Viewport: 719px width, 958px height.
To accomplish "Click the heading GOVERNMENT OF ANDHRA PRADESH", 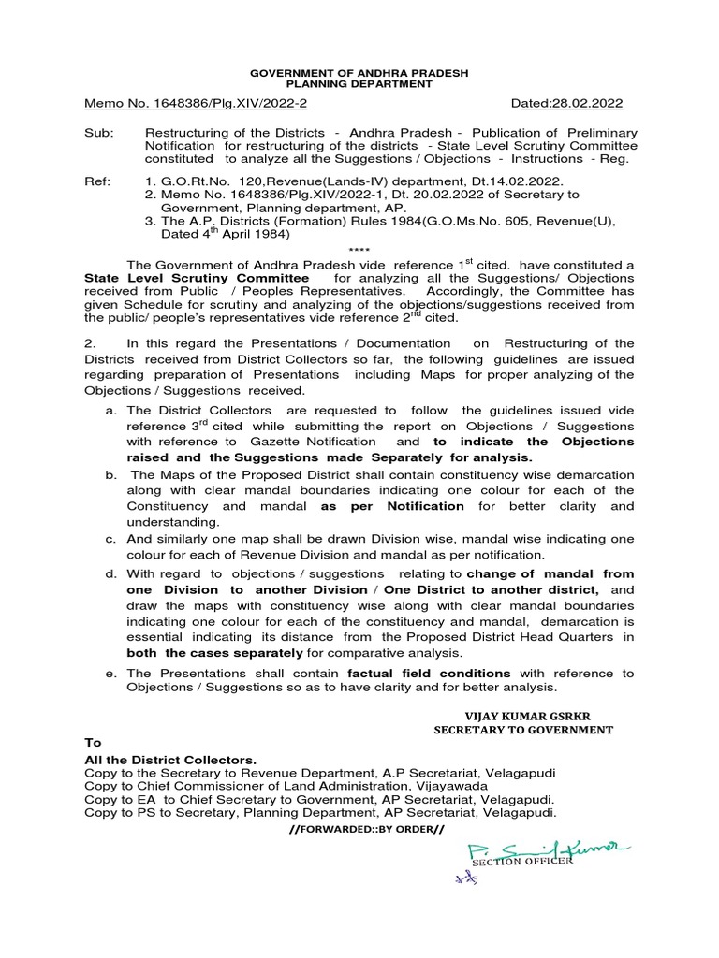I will pyautogui.click(x=359, y=72).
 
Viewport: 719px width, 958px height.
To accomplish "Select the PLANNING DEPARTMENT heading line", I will pyautogui.click(x=359, y=83).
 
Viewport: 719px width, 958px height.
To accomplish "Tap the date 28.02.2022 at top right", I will pyautogui.click(x=586, y=104).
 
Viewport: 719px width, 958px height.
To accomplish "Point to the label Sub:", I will pyautogui.click(x=97, y=133).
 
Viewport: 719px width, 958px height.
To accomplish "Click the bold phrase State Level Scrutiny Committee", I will pyautogui.click(x=197, y=278).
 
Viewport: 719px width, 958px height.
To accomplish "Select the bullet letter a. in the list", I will pyautogui.click(x=110, y=411).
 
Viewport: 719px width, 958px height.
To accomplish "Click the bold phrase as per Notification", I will pyautogui.click(x=392, y=505).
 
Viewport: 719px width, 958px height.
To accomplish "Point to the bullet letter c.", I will pyautogui.click(x=110, y=539).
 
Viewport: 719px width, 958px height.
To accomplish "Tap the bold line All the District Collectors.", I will pyautogui.click(x=169, y=760).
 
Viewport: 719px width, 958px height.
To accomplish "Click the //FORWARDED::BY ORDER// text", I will pyautogui.click(x=359, y=829).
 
